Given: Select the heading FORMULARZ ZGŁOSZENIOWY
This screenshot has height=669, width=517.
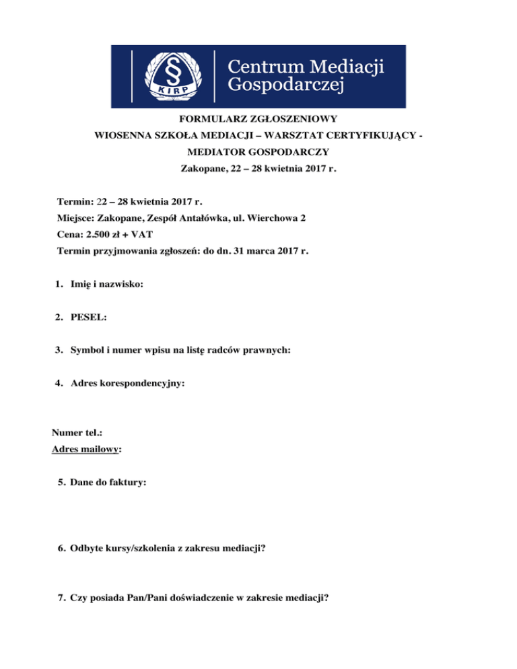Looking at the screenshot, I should coord(258,118).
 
